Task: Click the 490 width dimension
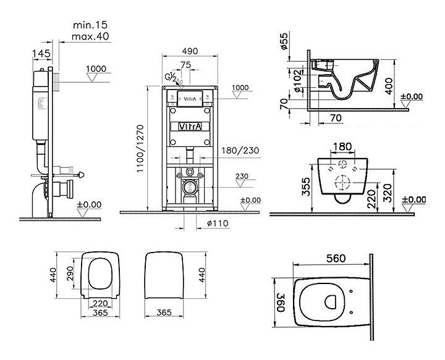pos(190,51)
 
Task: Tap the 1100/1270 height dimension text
pos(141,149)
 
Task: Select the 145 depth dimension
pos(41,53)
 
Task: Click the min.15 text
pos(90,25)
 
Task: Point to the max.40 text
pos(90,36)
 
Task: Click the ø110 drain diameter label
pos(218,224)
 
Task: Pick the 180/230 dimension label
pos(240,150)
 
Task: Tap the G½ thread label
pos(171,77)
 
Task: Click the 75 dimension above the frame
pos(186,65)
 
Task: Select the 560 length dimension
pos(336,258)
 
